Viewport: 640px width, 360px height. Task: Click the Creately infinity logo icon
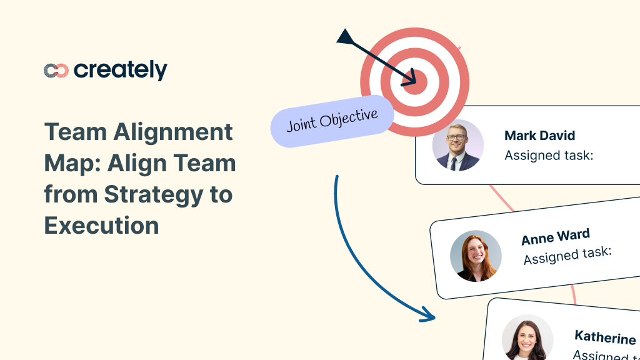56,71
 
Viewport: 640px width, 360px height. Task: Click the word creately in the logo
121,70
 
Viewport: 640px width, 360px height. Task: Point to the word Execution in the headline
101,225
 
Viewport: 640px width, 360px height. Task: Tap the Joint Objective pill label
332,121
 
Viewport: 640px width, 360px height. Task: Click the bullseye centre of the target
414,82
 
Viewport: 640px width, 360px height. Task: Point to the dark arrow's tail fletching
346,37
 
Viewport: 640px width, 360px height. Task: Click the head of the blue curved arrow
428,316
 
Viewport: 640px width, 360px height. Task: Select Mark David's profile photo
457,145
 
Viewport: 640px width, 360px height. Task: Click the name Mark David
539,136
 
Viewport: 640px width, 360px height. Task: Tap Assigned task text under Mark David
548,155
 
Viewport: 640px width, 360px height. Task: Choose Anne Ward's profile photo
476,256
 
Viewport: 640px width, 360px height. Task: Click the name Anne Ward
555,237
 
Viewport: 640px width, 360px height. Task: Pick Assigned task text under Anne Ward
567,255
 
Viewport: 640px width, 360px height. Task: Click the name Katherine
604,338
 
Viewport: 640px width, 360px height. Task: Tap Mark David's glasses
457,137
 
